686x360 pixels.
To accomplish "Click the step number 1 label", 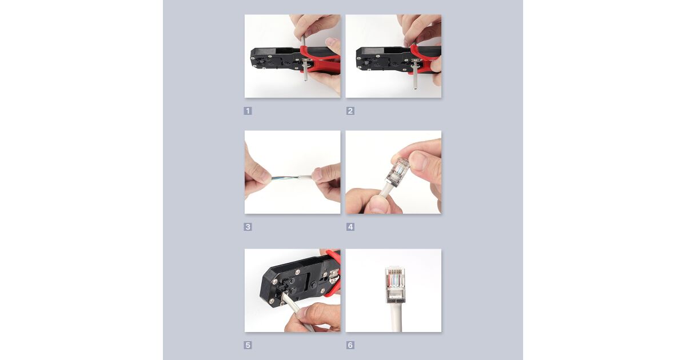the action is (248, 111).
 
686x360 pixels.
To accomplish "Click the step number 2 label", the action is (350, 111).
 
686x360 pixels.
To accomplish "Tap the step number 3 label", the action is (248, 227).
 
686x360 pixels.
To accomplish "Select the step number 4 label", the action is (350, 227).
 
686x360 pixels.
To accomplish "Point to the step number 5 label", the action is (248, 345).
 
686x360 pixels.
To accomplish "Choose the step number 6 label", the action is (350, 345).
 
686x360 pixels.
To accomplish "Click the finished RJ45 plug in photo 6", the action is (395, 283).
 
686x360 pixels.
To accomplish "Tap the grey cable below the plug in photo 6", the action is (396, 316).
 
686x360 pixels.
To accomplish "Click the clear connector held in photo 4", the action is (398, 172).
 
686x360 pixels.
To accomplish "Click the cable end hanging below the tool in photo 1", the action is (305, 73).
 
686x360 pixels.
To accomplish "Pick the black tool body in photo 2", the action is (383, 59).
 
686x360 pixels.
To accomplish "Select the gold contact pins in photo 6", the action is (395, 271).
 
